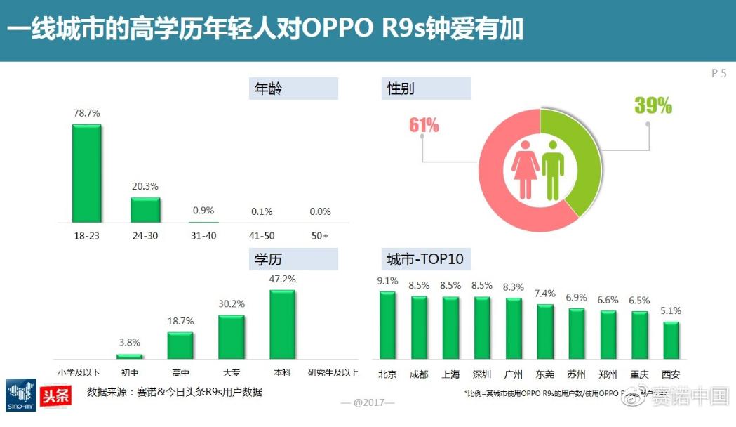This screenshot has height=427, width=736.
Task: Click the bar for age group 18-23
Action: (87, 173)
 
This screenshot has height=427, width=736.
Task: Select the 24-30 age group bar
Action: (145, 210)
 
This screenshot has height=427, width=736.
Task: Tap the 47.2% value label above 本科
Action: (282, 279)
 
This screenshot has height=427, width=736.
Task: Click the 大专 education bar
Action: (232, 337)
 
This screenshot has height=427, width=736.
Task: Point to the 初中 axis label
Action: (129, 373)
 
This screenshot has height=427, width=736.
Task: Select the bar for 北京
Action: (387, 325)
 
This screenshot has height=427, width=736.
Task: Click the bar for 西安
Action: (671, 341)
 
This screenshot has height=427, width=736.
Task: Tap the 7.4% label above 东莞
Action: (544, 293)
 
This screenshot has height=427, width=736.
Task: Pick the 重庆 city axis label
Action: (639, 374)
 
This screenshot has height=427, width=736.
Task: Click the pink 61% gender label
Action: (424, 125)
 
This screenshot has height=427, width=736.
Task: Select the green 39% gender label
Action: (653, 106)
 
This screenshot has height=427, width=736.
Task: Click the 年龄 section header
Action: (293, 88)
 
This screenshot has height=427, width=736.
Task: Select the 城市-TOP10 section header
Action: (425, 259)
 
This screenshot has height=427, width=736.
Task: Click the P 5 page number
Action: (718, 73)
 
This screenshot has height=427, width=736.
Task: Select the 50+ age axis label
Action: (319, 235)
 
